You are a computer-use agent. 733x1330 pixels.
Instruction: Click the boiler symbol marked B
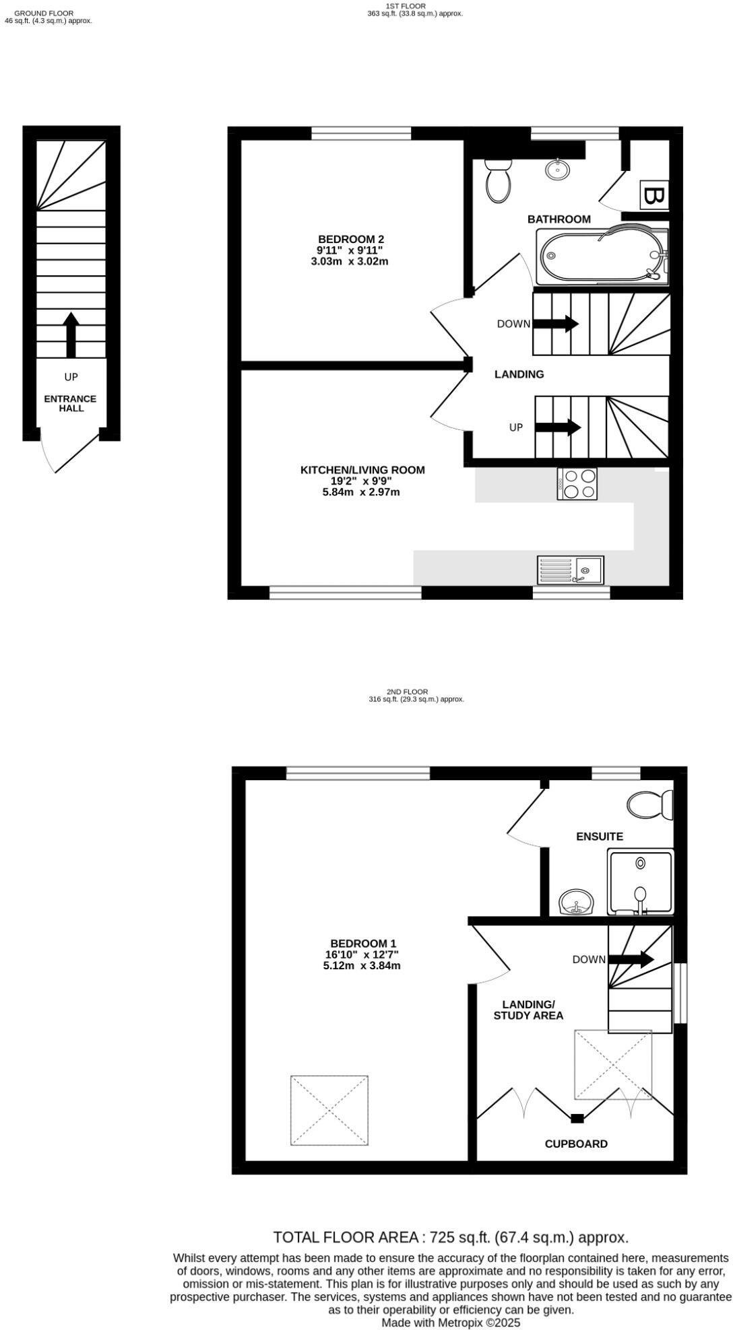tap(654, 195)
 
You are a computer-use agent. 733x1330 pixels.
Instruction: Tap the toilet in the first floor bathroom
tap(499, 180)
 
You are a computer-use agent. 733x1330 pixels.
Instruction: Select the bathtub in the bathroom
tap(602, 256)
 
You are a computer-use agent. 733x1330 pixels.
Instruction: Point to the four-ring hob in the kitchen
tap(577, 484)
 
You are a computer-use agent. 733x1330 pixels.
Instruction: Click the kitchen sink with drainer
tap(571, 570)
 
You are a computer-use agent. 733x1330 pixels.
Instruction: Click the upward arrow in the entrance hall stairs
tap(71, 334)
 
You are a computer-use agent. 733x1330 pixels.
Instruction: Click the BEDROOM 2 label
tap(351, 239)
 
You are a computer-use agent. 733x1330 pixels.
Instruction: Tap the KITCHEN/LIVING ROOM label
tap(362, 470)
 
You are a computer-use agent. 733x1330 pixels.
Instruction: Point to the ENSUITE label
tap(600, 837)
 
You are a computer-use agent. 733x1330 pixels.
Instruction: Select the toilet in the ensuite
tap(649, 804)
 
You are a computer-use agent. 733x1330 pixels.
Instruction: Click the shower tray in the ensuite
tap(640, 881)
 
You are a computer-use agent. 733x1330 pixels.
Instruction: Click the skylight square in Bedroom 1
tap(329, 1110)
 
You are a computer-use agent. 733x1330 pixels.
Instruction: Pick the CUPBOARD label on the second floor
tap(576, 1144)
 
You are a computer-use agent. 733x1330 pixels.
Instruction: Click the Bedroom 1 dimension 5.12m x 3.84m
tap(362, 966)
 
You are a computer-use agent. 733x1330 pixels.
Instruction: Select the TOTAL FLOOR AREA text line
tap(450, 1237)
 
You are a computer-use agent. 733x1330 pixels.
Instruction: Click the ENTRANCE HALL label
tap(71, 403)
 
